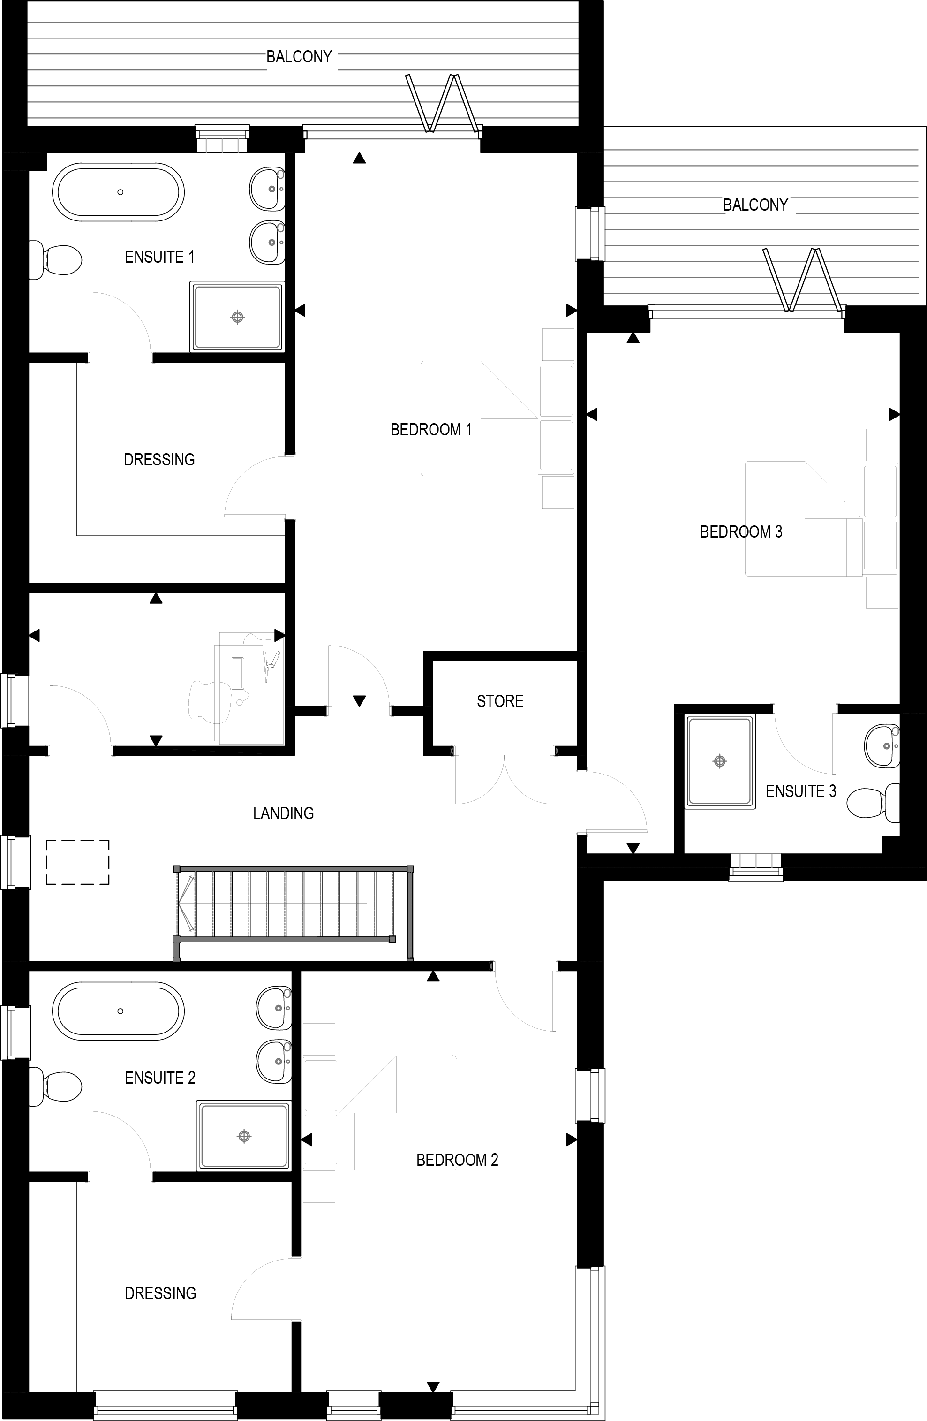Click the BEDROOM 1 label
click(x=430, y=429)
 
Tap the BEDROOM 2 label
click(x=457, y=1160)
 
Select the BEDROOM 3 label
click(x=741, y=532)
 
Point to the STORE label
click(x=500, y=701)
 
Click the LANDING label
click(x=284, y=813)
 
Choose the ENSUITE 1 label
click(x=159, y=257)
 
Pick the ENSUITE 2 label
click(x=160, y=1078)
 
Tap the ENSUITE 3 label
click(x=801, y=791)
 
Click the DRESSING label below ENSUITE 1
click(x=159, y=459)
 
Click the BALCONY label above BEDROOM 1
click(x=299, y=57)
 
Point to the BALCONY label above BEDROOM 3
click(x=756, y=205)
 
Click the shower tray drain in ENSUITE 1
click(x=238, y=317)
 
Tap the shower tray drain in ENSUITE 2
click(x=244, y=1136)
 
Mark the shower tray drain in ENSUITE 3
click(x=720, y=761)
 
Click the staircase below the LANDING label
click(x=293, y=904)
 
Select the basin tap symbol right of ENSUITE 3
click(x=892, y=738)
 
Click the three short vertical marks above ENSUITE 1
click(x=222, y=146)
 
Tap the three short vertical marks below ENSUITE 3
click(x=756, y=860)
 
